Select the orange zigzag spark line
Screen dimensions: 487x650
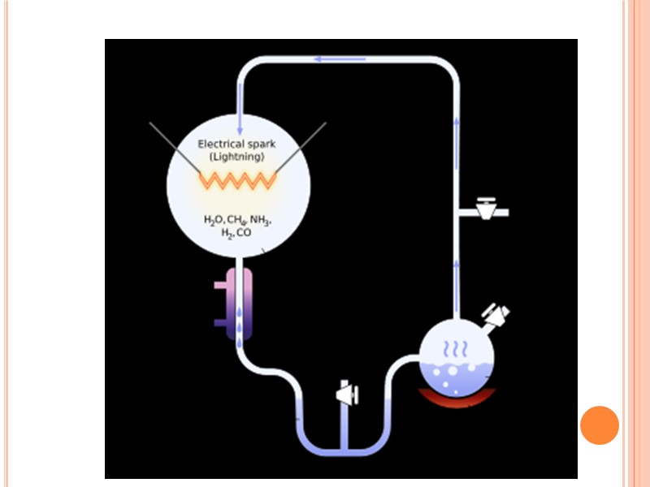pos(238,179)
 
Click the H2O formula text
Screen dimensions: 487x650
pos(214,220)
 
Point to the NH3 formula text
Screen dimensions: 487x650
pos(261,220)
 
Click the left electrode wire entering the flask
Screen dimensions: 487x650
pos(175,146)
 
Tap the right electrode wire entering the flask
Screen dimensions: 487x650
pos(301,146)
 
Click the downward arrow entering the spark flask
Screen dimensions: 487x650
pos(240,122)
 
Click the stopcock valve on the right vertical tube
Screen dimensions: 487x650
pos(487,209)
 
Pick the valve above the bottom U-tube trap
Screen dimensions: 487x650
pos(347,394)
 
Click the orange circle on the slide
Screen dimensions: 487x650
pos(600,425)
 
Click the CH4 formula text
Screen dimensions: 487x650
pos(236,220)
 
